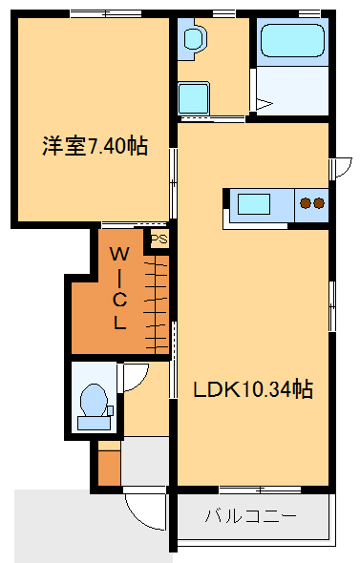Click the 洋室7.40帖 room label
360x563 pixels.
(x=94, y=147)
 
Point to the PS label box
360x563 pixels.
(x=158, y=239)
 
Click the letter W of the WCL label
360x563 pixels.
(x=119, y=254)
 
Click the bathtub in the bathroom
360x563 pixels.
(x=292, y=44)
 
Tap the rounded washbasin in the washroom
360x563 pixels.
(x=196, y=41)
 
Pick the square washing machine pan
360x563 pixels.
(x=195, y=98)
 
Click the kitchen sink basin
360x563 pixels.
(x=255, y=204)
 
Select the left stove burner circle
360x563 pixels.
(x=306, y=202)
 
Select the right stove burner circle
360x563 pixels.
(x=319, y=202)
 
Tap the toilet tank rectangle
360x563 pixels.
(x=109, y=411)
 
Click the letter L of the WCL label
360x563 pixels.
(x=119, y=323)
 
